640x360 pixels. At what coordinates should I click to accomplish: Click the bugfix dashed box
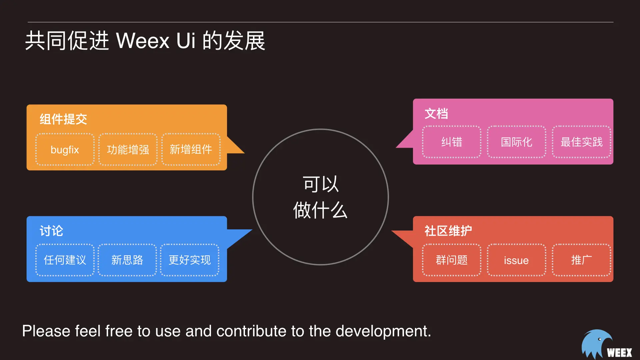coord(65,150)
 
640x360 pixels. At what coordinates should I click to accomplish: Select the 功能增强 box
coord(128,150)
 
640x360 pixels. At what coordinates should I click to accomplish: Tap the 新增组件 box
coord(191,150)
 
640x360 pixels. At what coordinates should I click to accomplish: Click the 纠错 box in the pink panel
coord(452,142)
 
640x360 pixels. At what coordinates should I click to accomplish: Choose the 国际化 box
coord(516,142)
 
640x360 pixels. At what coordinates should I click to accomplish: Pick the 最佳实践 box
coord(581,142)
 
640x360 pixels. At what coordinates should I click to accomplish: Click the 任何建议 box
coord(65,260)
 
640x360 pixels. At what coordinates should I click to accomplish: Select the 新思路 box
coord(127,260)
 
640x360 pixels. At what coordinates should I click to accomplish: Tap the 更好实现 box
coord(190,260)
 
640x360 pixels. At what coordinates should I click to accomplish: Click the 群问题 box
coord(452,260)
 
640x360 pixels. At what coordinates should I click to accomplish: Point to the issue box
coord(516,260)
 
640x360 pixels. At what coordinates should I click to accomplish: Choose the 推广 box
coord(581,260)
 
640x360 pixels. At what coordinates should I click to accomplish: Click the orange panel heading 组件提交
coord(63,119)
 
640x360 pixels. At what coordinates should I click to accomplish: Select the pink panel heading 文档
coord(436,114)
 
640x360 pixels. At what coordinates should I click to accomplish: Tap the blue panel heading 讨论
coord(51,231)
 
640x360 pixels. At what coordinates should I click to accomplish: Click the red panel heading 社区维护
coord(448,231)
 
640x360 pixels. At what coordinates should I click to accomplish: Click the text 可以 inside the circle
coord(321,184)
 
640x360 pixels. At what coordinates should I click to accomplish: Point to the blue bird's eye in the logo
coord(600,339)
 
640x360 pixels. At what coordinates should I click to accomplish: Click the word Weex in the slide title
coord(143,41)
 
